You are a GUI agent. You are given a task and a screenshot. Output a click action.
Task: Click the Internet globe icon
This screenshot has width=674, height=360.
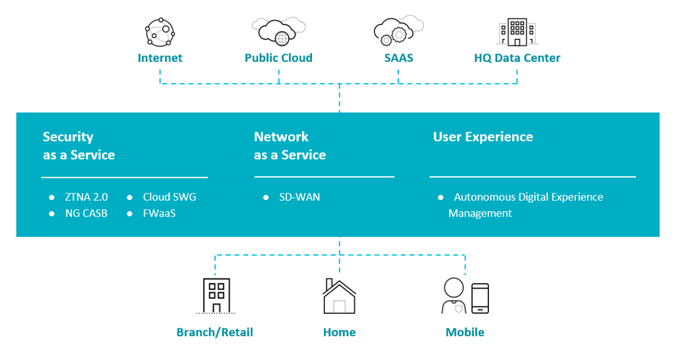click(x=160, y=32)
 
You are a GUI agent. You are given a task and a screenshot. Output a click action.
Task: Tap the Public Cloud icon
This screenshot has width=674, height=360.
click(x=278, y=32)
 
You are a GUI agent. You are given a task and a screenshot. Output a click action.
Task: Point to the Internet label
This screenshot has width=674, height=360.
click(x=160, y=58)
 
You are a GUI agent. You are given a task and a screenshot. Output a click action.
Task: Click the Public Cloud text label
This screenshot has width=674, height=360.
click(x=278, y=58)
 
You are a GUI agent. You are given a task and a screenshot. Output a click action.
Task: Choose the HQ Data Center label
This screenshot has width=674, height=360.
click(x=517, y=58)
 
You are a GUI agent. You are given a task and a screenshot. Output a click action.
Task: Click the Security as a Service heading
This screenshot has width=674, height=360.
click(x=78, y=146)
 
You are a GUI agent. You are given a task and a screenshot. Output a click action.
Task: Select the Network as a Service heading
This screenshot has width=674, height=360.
click(x=290, y=146)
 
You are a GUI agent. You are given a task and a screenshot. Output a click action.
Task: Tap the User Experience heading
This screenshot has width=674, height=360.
click(x=482, y=137)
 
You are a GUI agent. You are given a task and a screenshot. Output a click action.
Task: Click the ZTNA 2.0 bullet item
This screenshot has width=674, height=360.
click(x=86, y=197)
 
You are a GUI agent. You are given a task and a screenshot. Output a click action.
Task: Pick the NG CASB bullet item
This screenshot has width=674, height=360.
click(x=86, y=213)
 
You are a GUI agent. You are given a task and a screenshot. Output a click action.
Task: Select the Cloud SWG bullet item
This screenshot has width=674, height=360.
click(x=169, y=197)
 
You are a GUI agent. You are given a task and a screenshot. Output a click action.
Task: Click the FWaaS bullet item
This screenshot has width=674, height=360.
click(x=159, y=213)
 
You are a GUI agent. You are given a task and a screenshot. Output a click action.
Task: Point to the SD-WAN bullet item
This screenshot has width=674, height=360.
click(x=299, y=197)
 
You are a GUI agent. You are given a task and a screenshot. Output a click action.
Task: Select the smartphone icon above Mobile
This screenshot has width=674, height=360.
click(x=480, y=298)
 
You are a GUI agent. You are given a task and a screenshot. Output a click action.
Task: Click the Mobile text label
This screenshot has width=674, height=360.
click(x=465, y=332)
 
